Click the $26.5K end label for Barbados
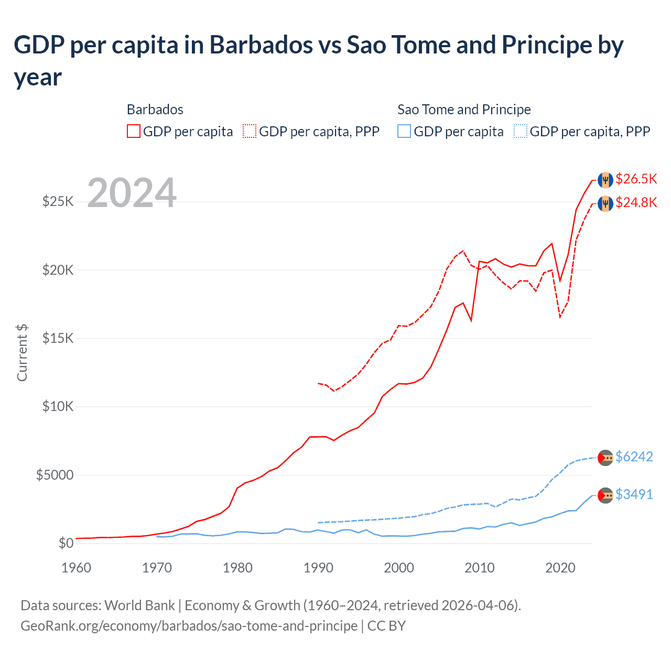[x=636, y=179]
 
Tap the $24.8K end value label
[x=636, y=203]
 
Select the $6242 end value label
[x=634, y=457]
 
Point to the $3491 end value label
[x=634, y=495]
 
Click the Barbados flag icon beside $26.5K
[x=605, y=179]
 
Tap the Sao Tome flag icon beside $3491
[x=605, y=495]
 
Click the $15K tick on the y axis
[x=58, y=339]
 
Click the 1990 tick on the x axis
[x=318, y=568]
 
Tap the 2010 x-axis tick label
[x=480, y=568]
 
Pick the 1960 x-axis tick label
[x=77, y=568]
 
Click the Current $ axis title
[x=22, y=352]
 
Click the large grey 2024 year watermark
[x=132, y=193]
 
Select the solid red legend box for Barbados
[x=134, y=131]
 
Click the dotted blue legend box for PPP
[x=521, y=131]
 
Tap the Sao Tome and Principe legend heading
[x=464, y=110]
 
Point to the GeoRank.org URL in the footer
[x=189, y=626]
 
